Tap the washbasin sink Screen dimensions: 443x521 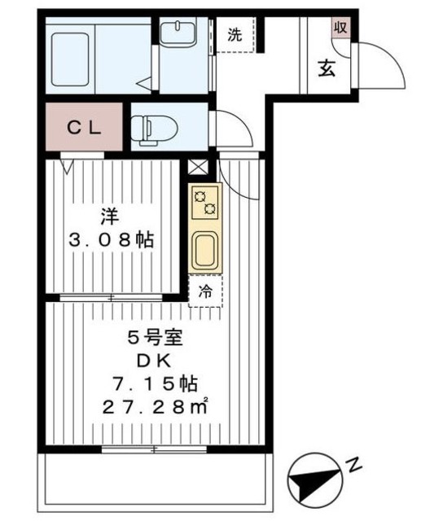coord(178,33)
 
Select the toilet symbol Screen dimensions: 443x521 coord(154,130)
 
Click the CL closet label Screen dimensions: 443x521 coord(84,128)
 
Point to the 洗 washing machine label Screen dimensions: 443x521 coord(235,34)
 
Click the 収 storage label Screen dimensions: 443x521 coord(340,27)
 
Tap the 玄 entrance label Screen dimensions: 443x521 coord(327,68)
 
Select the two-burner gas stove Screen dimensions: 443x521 coord(204,203)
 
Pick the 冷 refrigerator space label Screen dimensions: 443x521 coord(205,291)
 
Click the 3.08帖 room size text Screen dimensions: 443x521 coord(111,239)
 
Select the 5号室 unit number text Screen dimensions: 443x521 coord(156,339)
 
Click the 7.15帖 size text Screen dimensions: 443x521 coord(155,383)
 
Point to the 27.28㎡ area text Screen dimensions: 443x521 coord(155,406)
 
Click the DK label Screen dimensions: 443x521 coord(155,361)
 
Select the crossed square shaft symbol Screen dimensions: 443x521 coord(198,167)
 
